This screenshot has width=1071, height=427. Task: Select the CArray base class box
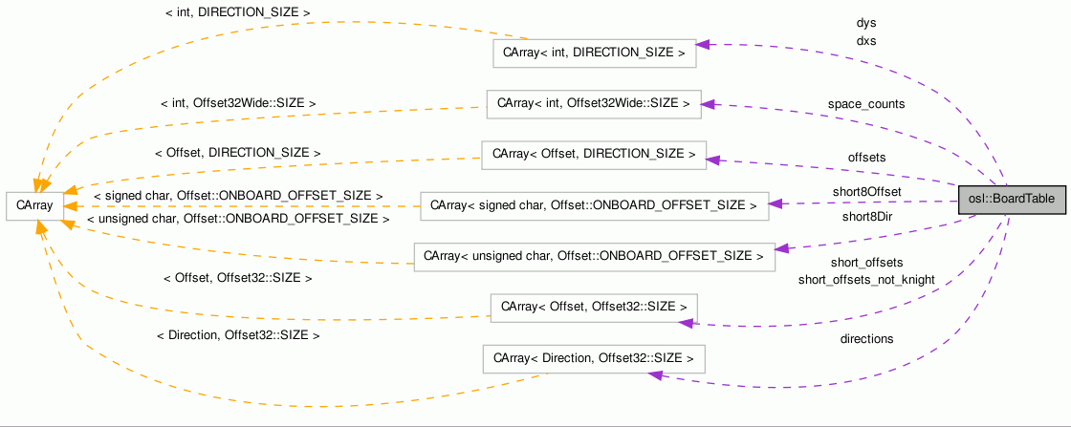[35, 205]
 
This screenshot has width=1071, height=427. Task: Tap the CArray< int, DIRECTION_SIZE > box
[594, 53]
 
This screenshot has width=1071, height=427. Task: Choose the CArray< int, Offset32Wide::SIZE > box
[593, 104]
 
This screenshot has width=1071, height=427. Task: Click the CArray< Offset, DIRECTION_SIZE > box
[593, 154]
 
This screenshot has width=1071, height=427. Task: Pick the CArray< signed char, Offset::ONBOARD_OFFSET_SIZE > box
[594, 204]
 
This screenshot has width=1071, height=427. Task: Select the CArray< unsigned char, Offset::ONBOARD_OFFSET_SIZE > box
[594, 256]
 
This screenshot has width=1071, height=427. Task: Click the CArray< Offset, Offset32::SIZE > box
[593, 308]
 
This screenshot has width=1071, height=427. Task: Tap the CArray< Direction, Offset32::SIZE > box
[593, 359]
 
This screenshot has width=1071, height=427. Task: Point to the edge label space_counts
[866, 104]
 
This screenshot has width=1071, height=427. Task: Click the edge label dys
[866, 23]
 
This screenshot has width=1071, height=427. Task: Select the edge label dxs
[866, 42]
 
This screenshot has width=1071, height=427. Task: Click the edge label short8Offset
[866, 192]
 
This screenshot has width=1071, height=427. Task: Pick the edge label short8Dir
[866, 217]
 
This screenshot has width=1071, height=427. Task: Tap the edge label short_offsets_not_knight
[866, 280]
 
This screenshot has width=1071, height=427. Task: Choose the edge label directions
[866, 339]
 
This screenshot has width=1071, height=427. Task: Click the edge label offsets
[866, 158]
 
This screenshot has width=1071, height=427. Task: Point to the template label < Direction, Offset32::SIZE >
[237, 336]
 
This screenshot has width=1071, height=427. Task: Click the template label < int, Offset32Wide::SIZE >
[238, 102]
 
